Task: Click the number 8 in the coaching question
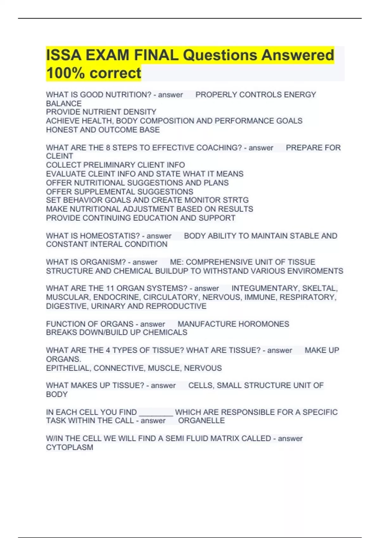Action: click(x=108, y=148)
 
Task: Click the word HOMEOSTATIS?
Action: click(x=110, y=236)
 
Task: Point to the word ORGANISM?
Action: click(x=103, y=262)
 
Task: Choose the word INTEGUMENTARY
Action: click(x=265, y=289)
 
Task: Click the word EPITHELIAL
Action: click(x=68, y=368)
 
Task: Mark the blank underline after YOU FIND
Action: click(x=156, y=412)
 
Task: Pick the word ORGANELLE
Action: click(x=201, y=421)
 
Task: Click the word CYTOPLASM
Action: click(x=69, y=447)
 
